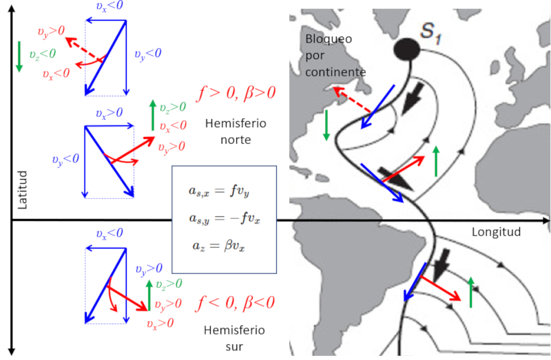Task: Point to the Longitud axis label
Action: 496,232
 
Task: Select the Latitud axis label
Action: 23,189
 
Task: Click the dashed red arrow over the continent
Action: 350,100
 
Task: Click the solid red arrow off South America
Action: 441,288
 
